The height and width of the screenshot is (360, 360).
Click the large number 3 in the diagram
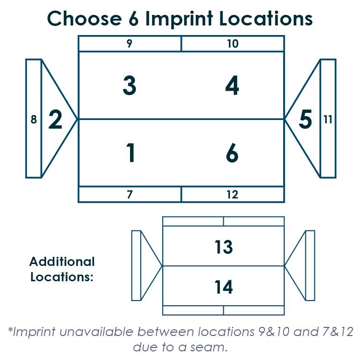(x=130, y=85)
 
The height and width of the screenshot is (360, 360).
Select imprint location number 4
(x=232, y=85)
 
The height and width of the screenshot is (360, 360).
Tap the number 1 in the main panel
(x=131, y=153)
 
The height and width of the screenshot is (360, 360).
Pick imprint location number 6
(x=232, y=153)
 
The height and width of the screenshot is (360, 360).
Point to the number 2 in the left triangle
(x=55, y=119)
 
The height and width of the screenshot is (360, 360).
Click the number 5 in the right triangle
(x=305, y=119)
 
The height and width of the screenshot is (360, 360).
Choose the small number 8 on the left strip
(x=34, y=120)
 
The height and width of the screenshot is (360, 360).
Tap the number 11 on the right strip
(x=328, y=120)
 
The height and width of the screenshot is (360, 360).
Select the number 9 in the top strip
(x=130, y=44)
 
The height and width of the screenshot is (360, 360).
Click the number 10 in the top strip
(x=233, y=44)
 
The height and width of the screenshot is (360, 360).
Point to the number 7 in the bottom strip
(x=130, y=194)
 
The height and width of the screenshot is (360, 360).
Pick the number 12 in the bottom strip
(x=233, y=194)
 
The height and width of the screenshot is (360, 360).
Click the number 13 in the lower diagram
(x=224, y=247)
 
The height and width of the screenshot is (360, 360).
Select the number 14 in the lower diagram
(x=224, y=287)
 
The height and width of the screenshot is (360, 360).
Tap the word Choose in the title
(x=84, y=18)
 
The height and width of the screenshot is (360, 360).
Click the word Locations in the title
(x=266, y=18)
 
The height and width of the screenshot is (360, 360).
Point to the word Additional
(x=62, y=262)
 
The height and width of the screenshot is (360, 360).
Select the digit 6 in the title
(x=133, y=18)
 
